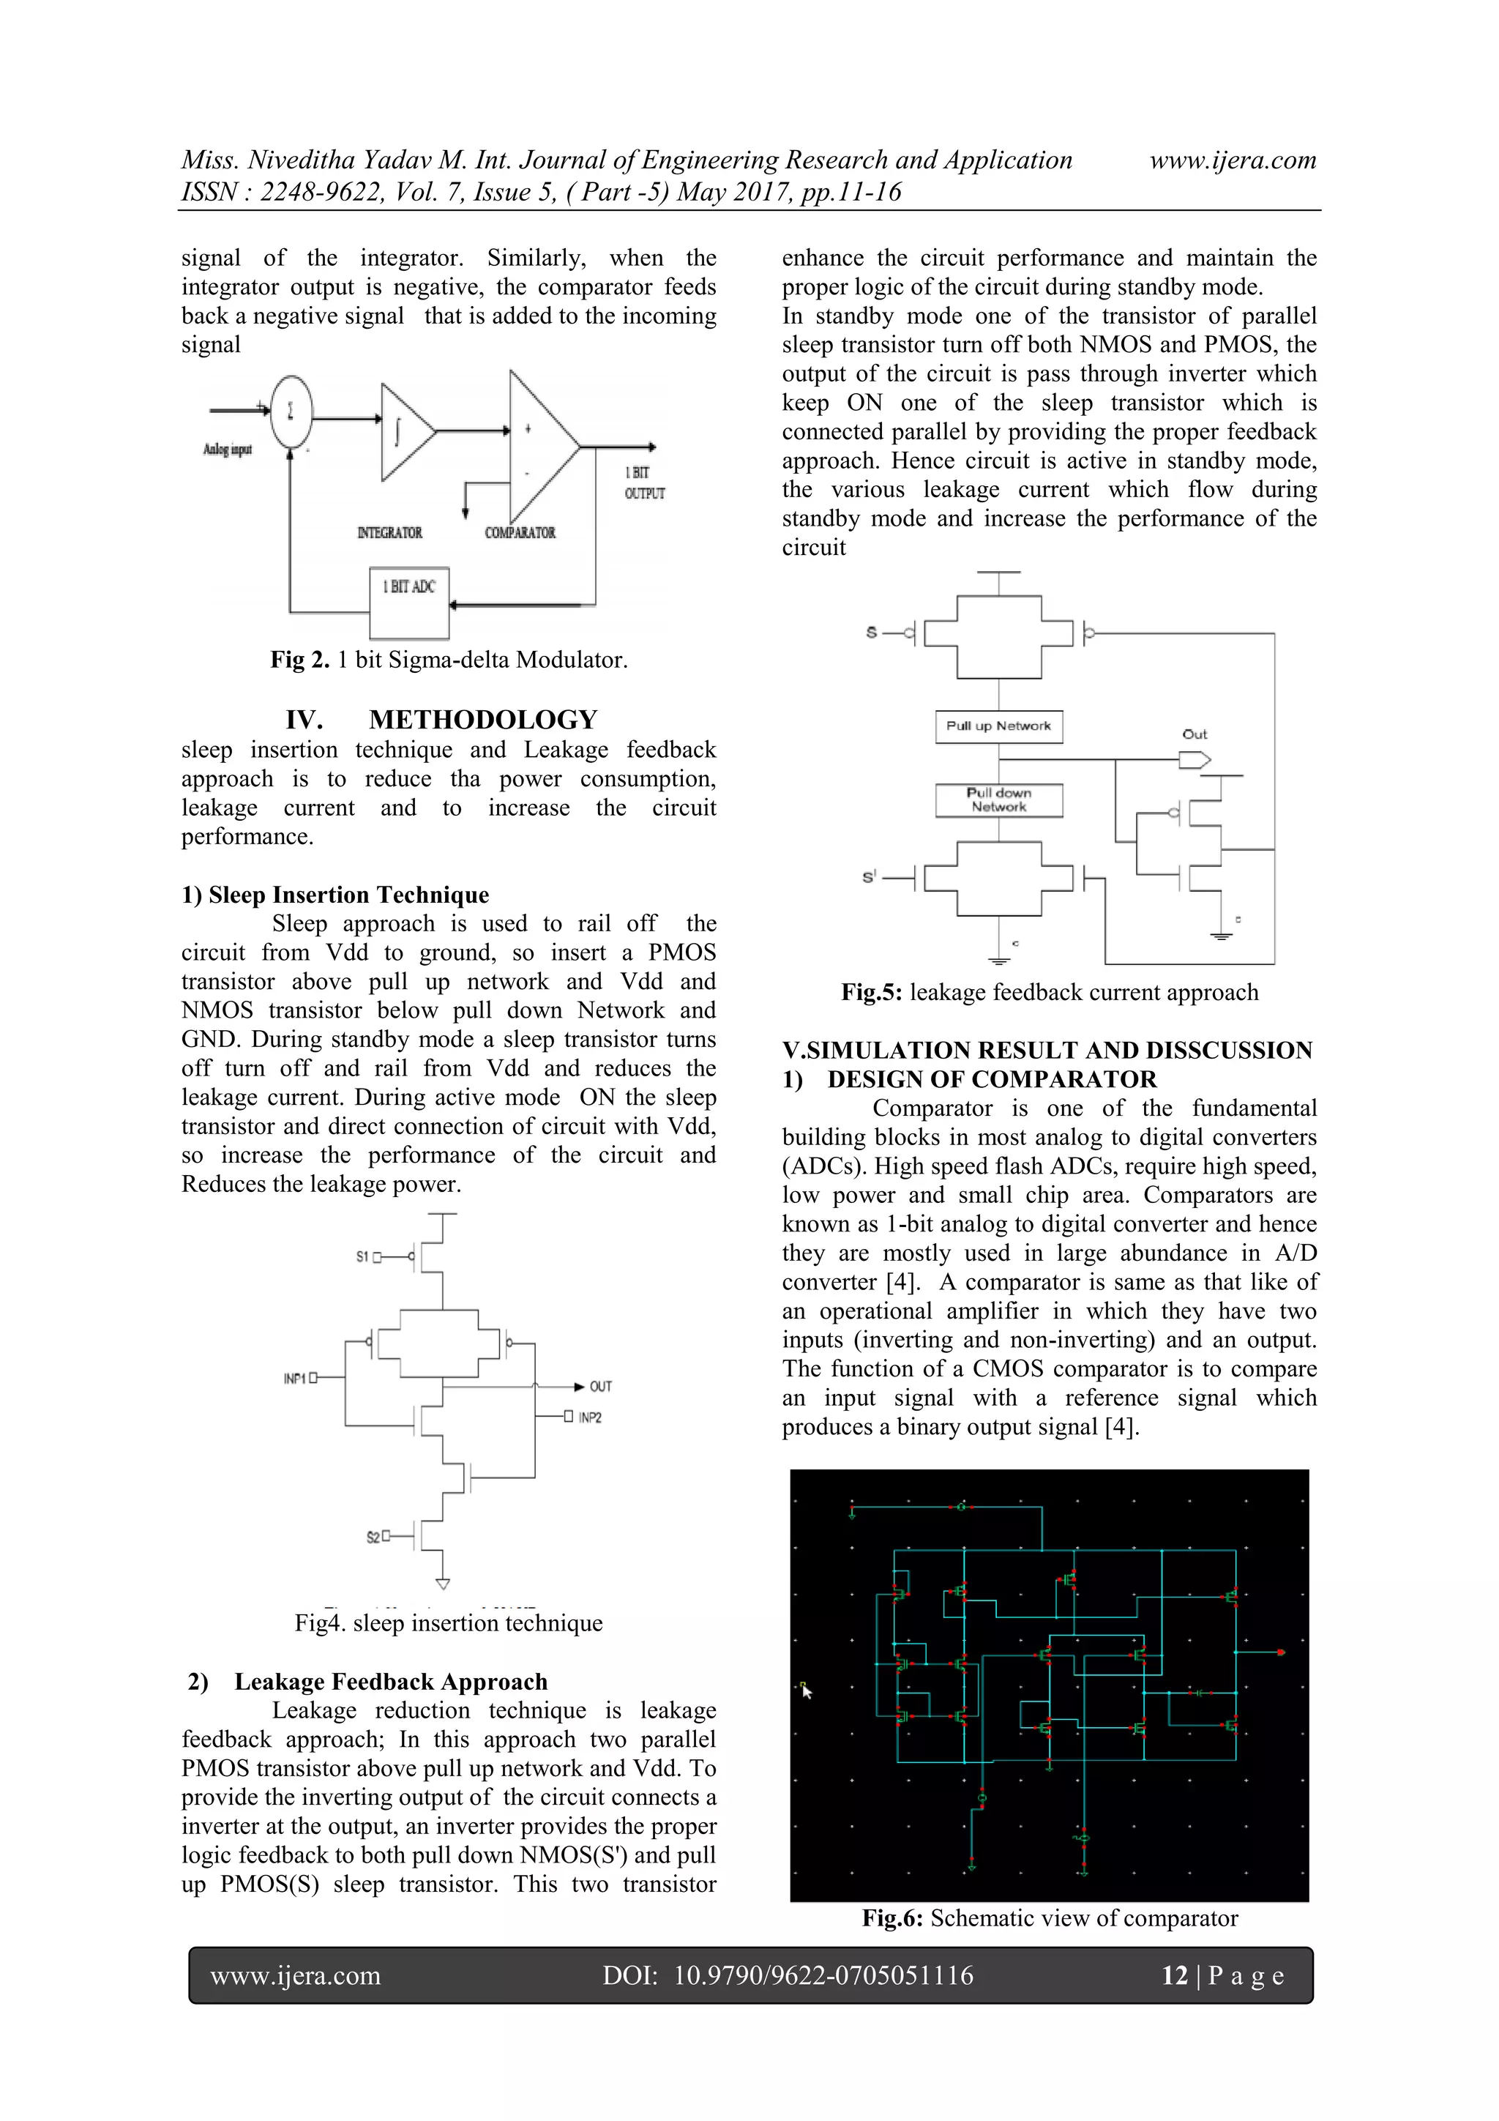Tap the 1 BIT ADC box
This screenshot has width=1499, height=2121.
point(409,603)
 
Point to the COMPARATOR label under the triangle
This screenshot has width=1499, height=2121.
point(520,533)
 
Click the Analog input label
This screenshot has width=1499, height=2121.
point(227,450)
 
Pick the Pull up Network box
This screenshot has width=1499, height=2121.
point(998,726)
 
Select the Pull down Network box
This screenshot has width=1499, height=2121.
point(998,800)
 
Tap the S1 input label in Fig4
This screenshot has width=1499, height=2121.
point(363,1256)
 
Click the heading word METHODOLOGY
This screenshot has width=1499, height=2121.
point(483,720)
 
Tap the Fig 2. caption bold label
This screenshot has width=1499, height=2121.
point(300,660)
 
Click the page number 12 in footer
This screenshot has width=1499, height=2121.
point(1174,1975)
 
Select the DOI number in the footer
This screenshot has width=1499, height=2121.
point(823,1975)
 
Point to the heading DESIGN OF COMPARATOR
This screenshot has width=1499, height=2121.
point(991,1079)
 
